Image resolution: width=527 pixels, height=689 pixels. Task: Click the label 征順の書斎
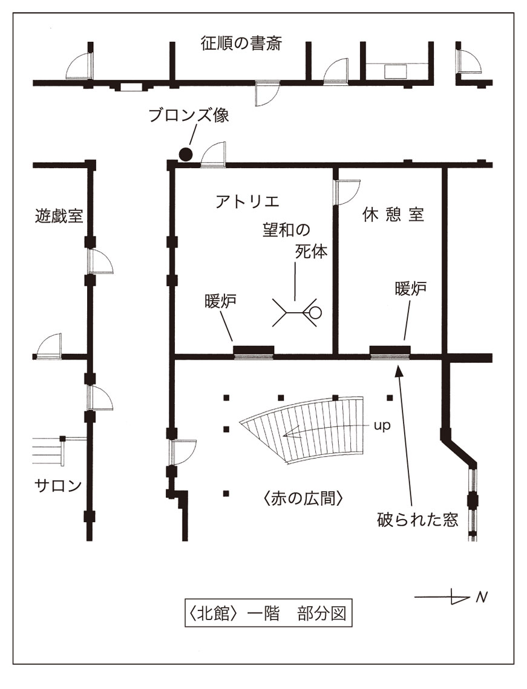241,44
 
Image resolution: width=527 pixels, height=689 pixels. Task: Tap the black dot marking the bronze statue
186,154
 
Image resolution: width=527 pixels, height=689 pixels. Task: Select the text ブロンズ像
189,116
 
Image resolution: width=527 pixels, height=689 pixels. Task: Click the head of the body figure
315,313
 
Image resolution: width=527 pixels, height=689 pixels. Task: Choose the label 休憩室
393,215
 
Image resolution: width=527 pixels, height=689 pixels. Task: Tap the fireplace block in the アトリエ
254,350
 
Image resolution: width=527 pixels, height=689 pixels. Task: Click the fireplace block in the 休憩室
390,350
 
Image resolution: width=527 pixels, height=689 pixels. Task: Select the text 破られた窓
417,519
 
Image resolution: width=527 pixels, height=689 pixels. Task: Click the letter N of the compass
482,598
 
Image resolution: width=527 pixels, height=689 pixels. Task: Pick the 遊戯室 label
59,216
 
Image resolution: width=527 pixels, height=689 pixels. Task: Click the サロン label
58,485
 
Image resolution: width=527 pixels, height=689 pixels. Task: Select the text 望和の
286,230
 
